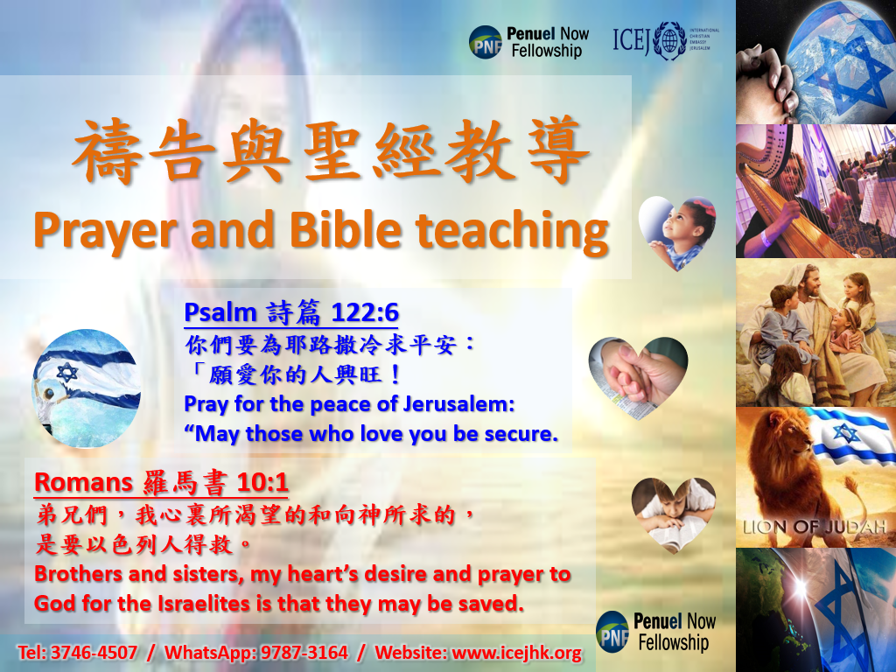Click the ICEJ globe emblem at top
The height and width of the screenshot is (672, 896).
click(669, 40)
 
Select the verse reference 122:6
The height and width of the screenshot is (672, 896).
click(365, 312)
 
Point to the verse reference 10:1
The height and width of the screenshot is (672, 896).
click(262, 483)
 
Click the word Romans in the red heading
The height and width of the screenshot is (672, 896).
click(83, 483)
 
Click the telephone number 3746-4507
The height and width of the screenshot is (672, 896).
click(94, 652)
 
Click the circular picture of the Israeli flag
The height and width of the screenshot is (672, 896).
click(87, 388)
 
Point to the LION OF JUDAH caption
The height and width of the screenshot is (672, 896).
click(815, 527)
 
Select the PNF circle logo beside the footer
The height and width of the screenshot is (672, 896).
click(612, 632)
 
